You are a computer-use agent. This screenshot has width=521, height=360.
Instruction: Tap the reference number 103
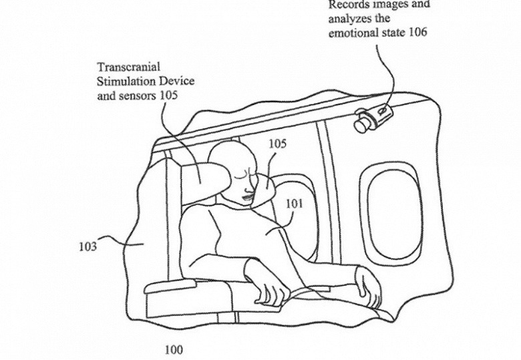click(x=87, y=246)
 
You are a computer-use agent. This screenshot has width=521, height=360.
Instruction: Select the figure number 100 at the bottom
click(x=172, y=349)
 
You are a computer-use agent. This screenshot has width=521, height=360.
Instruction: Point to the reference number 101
click(x=295, y=204)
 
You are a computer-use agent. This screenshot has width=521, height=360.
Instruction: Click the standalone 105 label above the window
click(x=279, y=144)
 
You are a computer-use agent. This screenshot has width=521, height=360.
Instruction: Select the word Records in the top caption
click(x=347, y=6)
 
